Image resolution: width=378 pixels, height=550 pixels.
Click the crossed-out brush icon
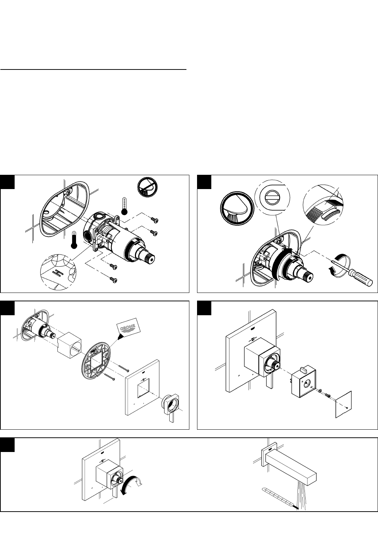[147, 187]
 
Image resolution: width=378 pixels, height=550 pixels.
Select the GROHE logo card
[128, 327]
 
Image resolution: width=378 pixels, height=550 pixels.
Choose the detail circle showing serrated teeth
[323, 204]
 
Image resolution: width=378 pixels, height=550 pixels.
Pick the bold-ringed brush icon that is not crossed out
[237, 208]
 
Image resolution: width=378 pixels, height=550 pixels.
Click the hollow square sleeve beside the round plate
[69, 346]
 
